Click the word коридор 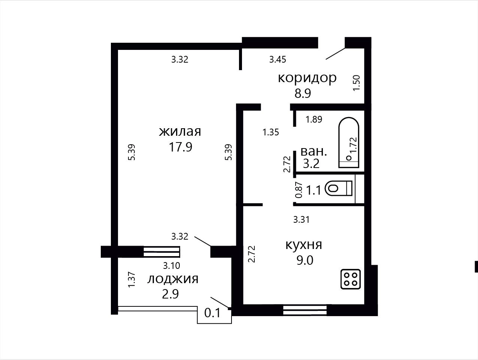[307, 78]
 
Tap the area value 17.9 [181, 147]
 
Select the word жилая [180, 132]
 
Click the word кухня [304, 245]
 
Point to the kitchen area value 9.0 [305, 260]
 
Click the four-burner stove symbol [351, 279]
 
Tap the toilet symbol [338, 188]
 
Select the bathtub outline [349, 142]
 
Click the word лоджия [173, 280]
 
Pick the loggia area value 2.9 [170, 294]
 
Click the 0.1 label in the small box [212, 313]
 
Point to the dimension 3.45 [278, 59]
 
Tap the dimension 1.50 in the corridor [357, 83]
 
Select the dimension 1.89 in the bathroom [314, 119]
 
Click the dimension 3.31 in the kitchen [302, 220]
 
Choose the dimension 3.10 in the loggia [172, 265]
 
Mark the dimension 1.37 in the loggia [132, 280]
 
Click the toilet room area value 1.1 [314, 190]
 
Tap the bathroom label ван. [314, 151]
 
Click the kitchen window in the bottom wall [305, 310]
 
